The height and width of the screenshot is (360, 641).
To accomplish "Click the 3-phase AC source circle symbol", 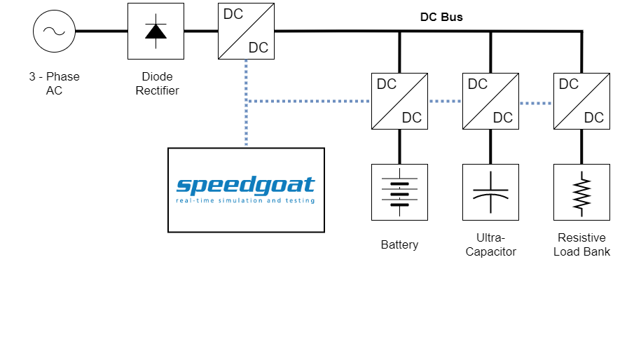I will pos(54,31).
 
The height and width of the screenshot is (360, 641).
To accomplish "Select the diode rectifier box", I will pos(155,31).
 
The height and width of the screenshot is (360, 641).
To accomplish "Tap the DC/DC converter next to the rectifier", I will pos(246,31).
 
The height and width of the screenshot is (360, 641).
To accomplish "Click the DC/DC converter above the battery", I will pos(399,101).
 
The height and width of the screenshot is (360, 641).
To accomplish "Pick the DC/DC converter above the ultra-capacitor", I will pos(490,101).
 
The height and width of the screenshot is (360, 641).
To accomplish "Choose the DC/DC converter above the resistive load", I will pos(581,101).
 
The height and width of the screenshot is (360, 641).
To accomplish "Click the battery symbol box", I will pos(399,192).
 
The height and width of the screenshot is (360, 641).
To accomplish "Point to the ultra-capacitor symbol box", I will pos(490,192).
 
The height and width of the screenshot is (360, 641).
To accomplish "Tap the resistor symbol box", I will pos(581,192).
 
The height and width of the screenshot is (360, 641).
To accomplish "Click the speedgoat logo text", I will pos(246,186).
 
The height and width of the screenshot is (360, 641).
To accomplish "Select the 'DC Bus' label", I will pos(441,17).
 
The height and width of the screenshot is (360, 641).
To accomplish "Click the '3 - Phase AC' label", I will pos(54,83).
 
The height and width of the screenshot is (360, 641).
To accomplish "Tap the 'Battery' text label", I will pos(399,244).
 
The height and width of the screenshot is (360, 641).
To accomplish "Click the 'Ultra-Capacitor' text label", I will pos(490,244).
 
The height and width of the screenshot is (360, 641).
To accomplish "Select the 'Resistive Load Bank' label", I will pos(581,244).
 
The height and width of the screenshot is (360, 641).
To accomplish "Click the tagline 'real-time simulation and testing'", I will pos(246,201).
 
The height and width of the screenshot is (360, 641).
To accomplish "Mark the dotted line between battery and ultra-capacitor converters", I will pos(445,102).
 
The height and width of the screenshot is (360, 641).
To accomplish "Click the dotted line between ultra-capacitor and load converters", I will pos(536,103).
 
